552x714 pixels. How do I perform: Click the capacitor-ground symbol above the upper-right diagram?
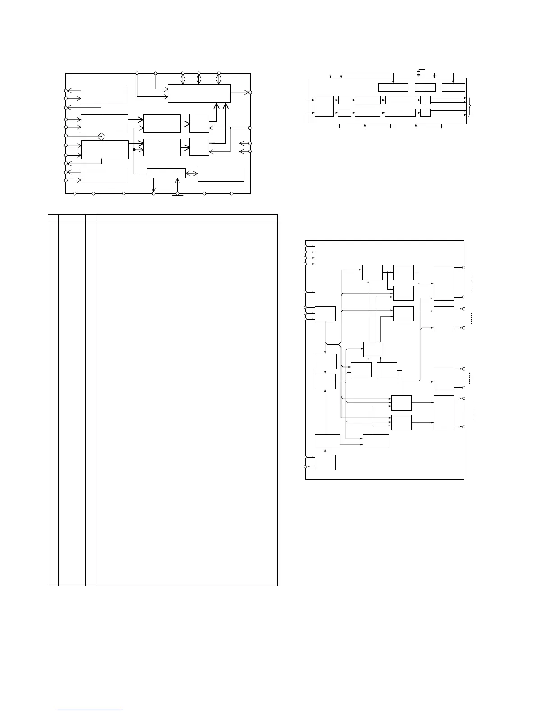point(419,72)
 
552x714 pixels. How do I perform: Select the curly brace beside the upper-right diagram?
point(470,106)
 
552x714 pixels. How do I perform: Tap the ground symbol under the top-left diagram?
point(178,195)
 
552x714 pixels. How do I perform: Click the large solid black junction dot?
point(134,149)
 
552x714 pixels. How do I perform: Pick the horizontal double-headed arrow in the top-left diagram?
point(192,174)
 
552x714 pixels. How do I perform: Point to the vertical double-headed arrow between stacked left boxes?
point(102,137)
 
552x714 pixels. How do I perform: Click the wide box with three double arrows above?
point(199,93)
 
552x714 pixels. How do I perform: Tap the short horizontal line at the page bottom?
point(90,710)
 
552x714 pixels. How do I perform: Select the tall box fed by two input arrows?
point(324,106)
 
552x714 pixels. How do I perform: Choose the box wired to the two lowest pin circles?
point(325,462)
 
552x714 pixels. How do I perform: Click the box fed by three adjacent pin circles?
point(325,313)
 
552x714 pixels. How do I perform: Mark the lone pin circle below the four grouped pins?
point(305,292)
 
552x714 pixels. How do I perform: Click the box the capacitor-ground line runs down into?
point(425,87)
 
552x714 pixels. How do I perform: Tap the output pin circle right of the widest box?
point(250,92)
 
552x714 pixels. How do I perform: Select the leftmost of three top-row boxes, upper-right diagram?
point(393,87)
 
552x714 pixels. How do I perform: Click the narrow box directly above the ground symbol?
point(166,173)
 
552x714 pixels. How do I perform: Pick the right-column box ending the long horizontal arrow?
point(444,379)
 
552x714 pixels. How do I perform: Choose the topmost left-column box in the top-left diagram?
point(104,94)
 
